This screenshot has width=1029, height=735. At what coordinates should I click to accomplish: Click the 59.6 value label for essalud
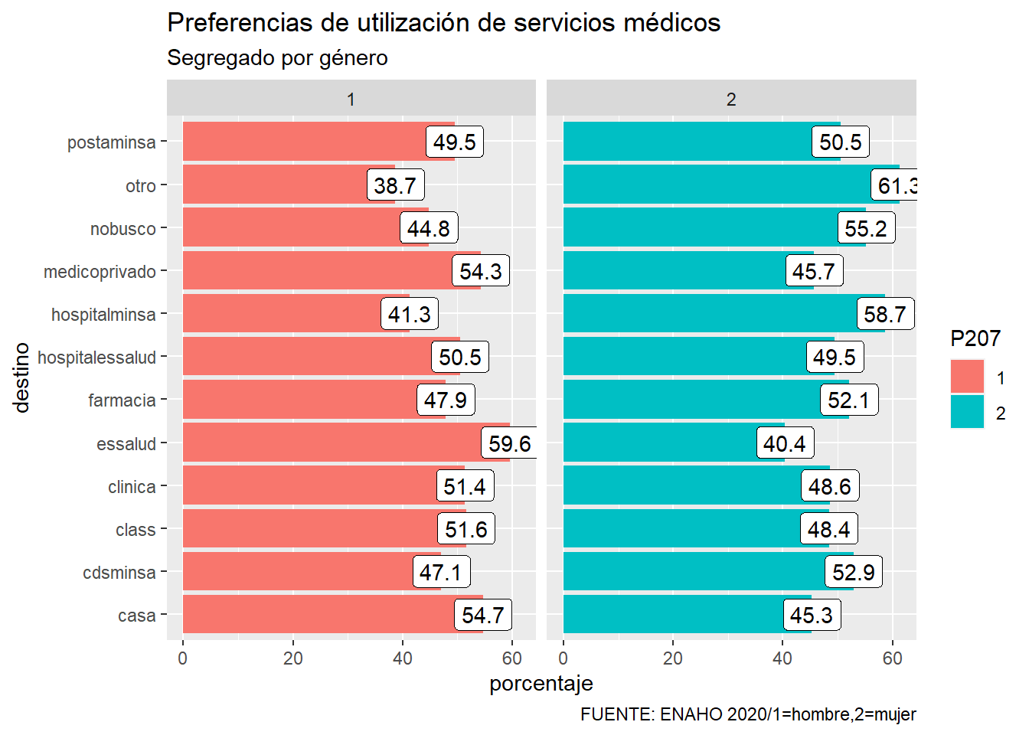point(510,443)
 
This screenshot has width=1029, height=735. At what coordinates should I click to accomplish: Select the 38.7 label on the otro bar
point(395,185)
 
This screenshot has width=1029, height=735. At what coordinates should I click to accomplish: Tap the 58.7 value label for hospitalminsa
point(885,314)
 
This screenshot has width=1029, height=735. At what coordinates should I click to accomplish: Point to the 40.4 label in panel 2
point(785,443)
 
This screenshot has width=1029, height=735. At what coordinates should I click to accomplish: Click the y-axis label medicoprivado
point(100,272)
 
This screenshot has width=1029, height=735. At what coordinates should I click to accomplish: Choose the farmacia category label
point(122,400)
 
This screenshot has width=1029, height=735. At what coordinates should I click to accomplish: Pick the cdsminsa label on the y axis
point(119,573)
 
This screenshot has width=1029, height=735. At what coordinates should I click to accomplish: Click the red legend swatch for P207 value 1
point(967,377)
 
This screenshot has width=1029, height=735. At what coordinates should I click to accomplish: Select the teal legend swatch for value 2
point(967,412)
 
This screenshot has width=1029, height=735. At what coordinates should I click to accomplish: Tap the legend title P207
point(975,338)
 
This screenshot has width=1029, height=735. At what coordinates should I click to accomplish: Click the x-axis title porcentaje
point(541,683)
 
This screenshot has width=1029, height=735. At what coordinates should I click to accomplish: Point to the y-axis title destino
point(21,377)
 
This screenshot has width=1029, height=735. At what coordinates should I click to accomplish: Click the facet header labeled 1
point(351,100)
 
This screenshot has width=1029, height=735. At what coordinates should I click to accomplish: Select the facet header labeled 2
point(731,100)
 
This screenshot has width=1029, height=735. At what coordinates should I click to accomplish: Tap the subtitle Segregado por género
point(277,58)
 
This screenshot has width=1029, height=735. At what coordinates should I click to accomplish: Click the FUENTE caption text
point(748,714)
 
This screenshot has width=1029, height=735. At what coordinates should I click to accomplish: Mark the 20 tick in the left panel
point(292,658)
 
